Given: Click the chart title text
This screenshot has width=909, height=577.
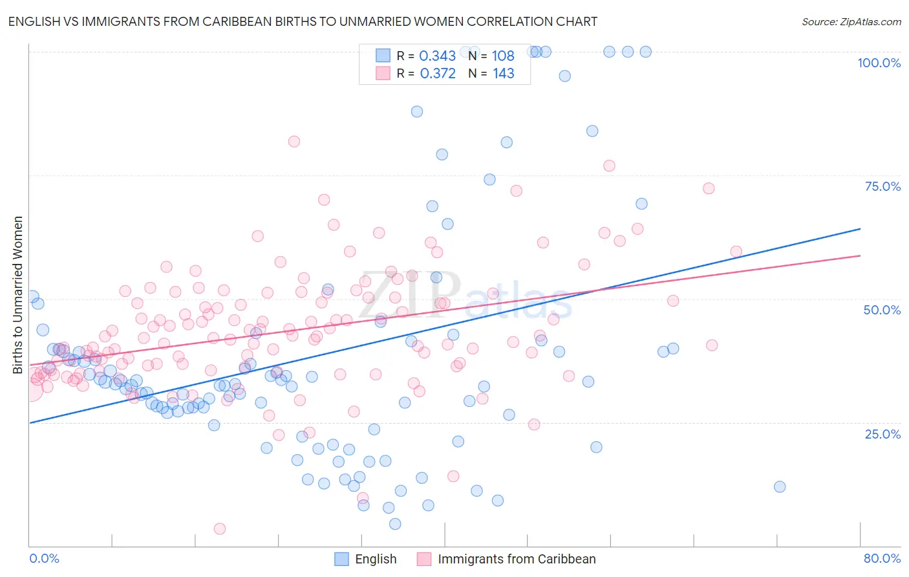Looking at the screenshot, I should (303, 22).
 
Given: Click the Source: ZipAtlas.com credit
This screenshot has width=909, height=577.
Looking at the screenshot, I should (851, 22).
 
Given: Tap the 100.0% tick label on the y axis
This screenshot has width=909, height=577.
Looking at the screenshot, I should (879, 63).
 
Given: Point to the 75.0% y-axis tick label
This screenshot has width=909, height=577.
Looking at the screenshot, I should (882, 186).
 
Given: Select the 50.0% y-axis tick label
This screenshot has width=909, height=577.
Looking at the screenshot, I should (882, 310).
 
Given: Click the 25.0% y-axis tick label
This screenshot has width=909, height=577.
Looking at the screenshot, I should (882, 434).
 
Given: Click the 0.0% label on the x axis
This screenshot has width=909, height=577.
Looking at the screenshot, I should (44, 558).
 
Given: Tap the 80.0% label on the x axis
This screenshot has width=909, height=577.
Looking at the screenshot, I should (882, 558).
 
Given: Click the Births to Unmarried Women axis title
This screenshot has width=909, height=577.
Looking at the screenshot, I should (18, 295).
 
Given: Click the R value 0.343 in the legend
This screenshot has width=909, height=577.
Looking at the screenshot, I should (438, 56).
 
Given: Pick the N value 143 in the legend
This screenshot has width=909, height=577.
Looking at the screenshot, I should (504, 74).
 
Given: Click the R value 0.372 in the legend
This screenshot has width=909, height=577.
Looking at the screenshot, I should (438, 74).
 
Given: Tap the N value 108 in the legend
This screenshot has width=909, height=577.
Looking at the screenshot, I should (503, 56).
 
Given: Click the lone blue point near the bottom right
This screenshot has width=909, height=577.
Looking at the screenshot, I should (780, 486).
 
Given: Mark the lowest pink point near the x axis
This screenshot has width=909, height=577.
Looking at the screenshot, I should (220, 528).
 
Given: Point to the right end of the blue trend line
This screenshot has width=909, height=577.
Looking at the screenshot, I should (860, 229).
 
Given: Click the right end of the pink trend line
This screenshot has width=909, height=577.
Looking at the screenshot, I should (860, 256).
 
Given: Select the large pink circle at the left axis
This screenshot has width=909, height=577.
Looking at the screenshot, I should (30, 389).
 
